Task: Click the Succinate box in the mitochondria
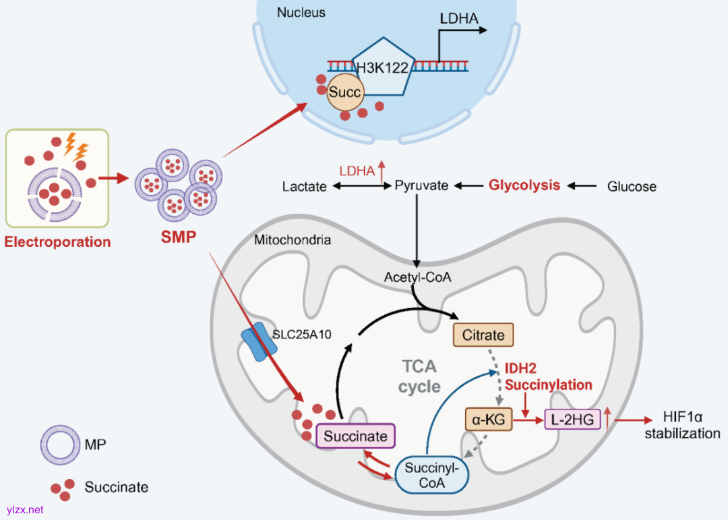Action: [355, 436]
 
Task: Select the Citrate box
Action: [483, 334]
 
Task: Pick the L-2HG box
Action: [572, 420]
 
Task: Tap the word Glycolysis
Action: [524, 185]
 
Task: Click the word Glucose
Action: [632, 186]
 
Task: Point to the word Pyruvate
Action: [421, 185]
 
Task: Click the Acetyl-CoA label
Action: [417, 277]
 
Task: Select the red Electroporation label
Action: [57, 241]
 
